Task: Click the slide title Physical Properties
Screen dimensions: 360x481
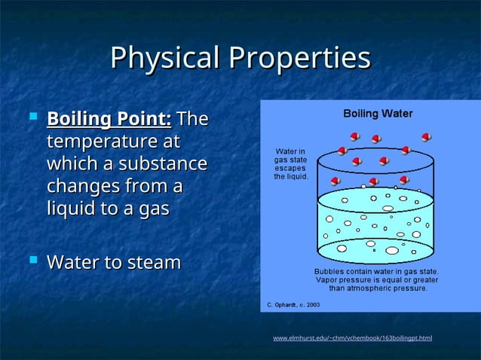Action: click(240, 58)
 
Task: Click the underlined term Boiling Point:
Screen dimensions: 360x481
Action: click(109, 120)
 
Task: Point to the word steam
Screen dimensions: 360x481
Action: click(154, 263)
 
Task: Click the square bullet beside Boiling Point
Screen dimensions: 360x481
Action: click(32, 117)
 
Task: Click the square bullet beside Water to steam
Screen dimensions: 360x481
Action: click(32, 261)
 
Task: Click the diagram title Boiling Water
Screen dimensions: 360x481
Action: click(378, 114)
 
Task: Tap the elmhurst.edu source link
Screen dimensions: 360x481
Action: click(352, 338)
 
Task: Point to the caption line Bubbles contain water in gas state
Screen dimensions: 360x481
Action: click(376, 270)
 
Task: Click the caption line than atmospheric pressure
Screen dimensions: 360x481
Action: click(378, 287)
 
